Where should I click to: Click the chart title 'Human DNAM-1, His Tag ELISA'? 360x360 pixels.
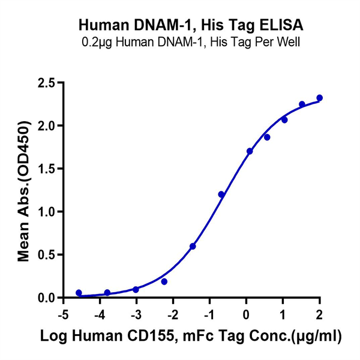pyautogui.click(x=191, y=26)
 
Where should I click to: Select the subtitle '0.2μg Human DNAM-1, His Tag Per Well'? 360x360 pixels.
pyautogui.click(x=191, y=43)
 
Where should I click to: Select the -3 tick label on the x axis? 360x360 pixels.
pyautogui.click(x=135, y=316)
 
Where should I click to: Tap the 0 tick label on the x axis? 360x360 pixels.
pyautogui.click(x=246, y=316)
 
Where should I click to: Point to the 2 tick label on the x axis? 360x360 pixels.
pyautogui.click(x=319, y=316)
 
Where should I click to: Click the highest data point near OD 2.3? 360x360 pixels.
pyautogui.click(x=319, y=98)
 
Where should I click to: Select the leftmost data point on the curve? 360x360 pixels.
pyautogui.click(x=79, y=293)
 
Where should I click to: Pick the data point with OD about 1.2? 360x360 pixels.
pyautogui.click(x=221, y=194)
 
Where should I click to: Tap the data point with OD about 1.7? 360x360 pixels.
pyautogui.click(x=250, y=151)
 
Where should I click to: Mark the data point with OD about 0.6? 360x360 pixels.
pyautogui.click(x=193, y=246)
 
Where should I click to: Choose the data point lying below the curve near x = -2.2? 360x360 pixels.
pyautogui.click(x=164, y=281)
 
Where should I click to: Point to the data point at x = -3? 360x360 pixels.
pyautogui.click(x=136, y=289)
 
